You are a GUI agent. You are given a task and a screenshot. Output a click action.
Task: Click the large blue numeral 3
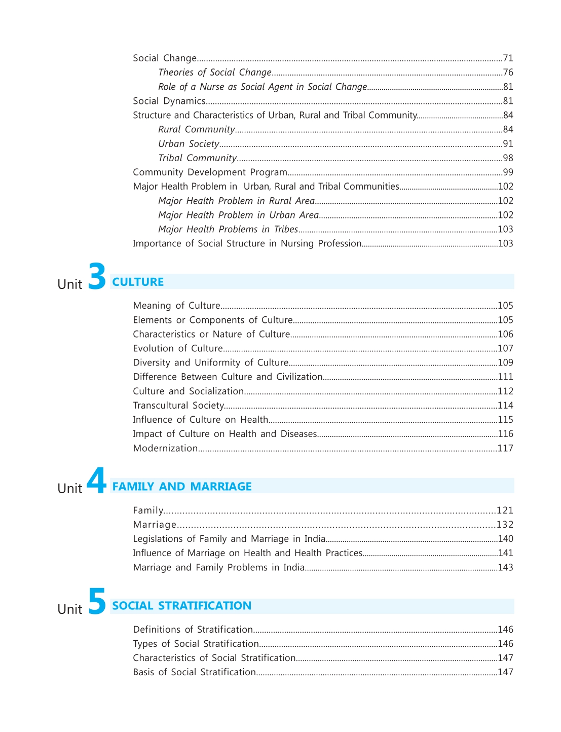(97, 276)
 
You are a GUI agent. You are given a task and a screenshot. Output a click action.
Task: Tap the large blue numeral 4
(96, 481)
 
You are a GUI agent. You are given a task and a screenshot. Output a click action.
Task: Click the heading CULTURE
(138, 282)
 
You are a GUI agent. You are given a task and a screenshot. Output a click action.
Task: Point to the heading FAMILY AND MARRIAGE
(182, 487)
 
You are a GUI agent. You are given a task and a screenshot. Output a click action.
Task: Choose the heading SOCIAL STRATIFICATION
(181, 606)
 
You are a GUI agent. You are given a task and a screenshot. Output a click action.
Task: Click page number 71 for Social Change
(508, 58)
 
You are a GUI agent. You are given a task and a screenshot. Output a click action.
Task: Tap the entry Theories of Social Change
(215, 72)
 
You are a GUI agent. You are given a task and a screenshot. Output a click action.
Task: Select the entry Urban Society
(189, 144)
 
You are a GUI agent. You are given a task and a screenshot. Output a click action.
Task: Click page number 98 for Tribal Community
(508, 158)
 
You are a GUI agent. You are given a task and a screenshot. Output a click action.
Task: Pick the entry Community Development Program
(210, 172)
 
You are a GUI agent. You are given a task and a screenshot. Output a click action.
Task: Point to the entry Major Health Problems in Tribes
(228, 230)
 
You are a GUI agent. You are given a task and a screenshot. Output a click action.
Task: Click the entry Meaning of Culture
(176, 306)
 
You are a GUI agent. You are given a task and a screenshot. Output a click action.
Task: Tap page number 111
(505, 377)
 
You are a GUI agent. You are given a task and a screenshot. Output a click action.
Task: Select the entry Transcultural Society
(178, 406)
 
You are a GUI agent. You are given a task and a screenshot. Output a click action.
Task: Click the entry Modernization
(165, 449)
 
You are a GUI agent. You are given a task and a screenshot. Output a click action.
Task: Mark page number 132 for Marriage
(505, 525)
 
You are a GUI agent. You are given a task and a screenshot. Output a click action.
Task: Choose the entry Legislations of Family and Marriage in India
(229, 539)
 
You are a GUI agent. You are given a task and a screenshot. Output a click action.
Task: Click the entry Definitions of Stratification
(193, 630)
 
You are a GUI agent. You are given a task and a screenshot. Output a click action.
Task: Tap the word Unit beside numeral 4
(70, 489)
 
